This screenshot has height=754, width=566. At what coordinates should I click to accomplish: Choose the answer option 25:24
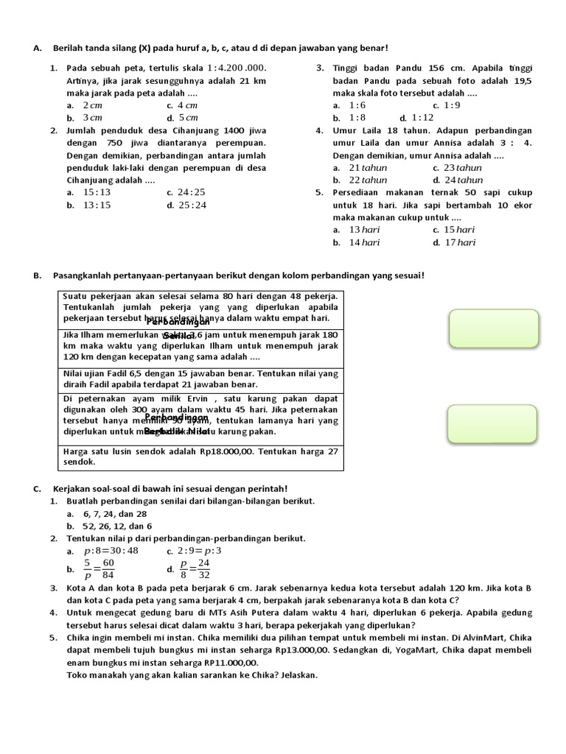coord(192,205)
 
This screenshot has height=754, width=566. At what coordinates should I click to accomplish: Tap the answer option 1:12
coord(423,117)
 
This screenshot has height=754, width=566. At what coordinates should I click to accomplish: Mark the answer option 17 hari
coord(460,242)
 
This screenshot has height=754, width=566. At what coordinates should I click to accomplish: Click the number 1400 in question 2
coord(214,130)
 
